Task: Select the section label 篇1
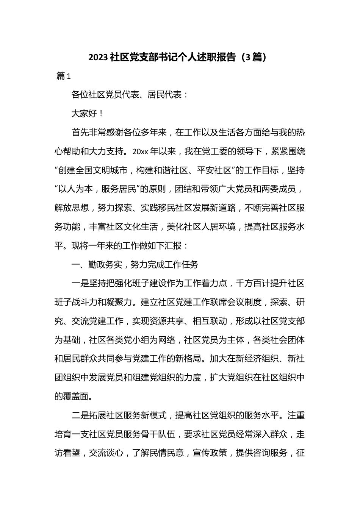tap(64, 76)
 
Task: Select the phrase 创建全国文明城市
tap(92, 170)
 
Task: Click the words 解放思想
tap(72, 208)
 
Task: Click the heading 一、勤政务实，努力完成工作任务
tap(135, 264)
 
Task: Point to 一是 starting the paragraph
tap(80, 283)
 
